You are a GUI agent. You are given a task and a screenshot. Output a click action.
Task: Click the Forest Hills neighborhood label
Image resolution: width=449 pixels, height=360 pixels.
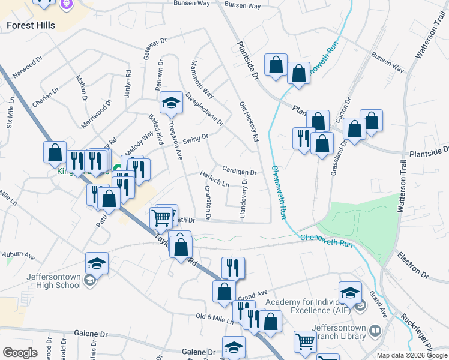(x=31, y=25)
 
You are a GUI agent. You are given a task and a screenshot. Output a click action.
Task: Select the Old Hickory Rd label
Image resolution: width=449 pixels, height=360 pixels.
(x=248, y=121)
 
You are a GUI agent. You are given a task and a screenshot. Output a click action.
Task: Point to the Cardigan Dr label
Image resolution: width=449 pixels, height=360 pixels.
(x=239, y=170)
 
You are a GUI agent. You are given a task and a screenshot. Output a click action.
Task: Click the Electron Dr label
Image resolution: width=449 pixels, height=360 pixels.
(x=412, y=266)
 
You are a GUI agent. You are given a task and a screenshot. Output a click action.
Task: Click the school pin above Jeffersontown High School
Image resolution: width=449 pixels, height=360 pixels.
(x=97, y=263)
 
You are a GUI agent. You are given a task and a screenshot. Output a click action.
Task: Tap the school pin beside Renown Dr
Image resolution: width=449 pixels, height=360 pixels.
(x=171, y=102)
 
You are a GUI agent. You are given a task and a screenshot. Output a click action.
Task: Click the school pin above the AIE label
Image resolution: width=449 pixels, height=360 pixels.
(x=350, y=292)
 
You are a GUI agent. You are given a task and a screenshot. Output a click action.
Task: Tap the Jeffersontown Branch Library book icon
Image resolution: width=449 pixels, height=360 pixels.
(x=375, y=331)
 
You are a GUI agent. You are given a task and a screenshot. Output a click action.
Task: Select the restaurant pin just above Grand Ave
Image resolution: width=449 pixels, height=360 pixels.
(x=233, y=267)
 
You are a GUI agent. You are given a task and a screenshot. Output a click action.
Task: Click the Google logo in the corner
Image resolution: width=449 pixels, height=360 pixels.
(x=20, y=353)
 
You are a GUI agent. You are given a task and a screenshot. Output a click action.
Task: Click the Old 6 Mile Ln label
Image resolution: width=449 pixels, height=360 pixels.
(x=215, y=318)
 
